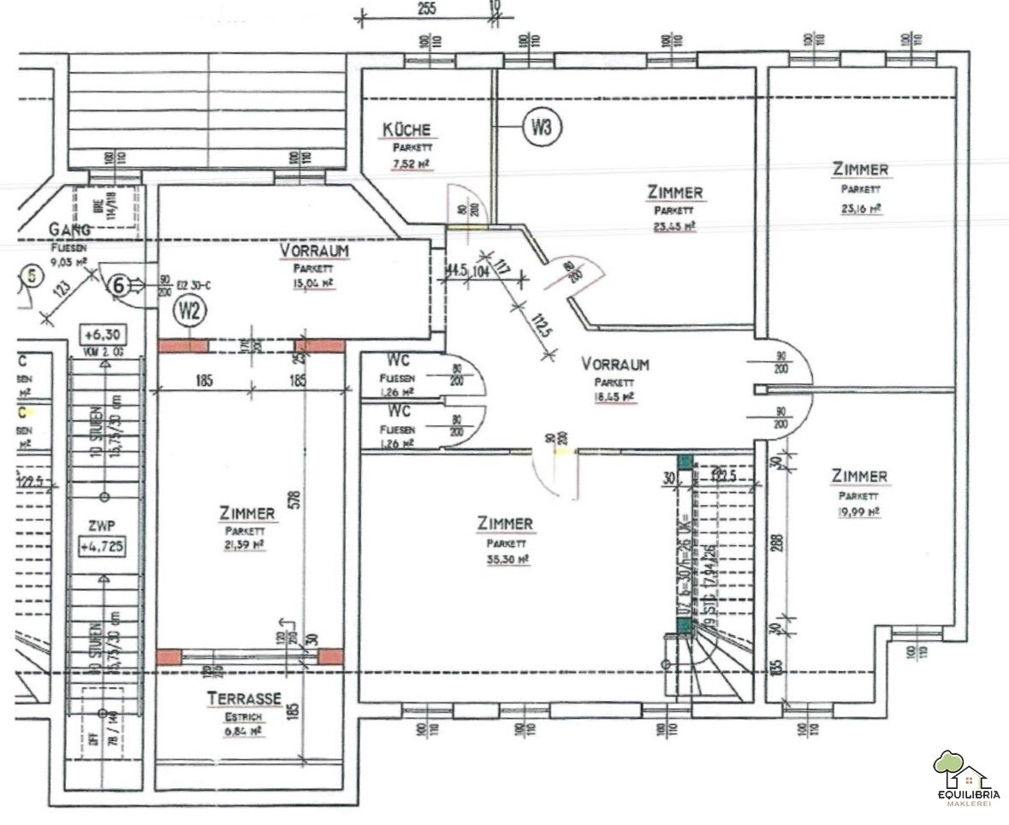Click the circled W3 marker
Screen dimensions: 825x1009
(x=541, y=128)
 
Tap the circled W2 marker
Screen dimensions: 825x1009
(x=189, y=310)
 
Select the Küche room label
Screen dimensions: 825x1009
(x=407, y=130)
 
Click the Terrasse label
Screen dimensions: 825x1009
(x=244, y=699)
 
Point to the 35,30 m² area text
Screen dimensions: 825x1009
(x=506, y=559)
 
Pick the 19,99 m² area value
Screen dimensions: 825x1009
(x=859, y=512)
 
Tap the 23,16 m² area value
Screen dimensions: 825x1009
(x=861, y=207)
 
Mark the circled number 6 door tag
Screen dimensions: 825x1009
(x=121, y=286)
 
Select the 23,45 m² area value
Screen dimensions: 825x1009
(x=675, y=227)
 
